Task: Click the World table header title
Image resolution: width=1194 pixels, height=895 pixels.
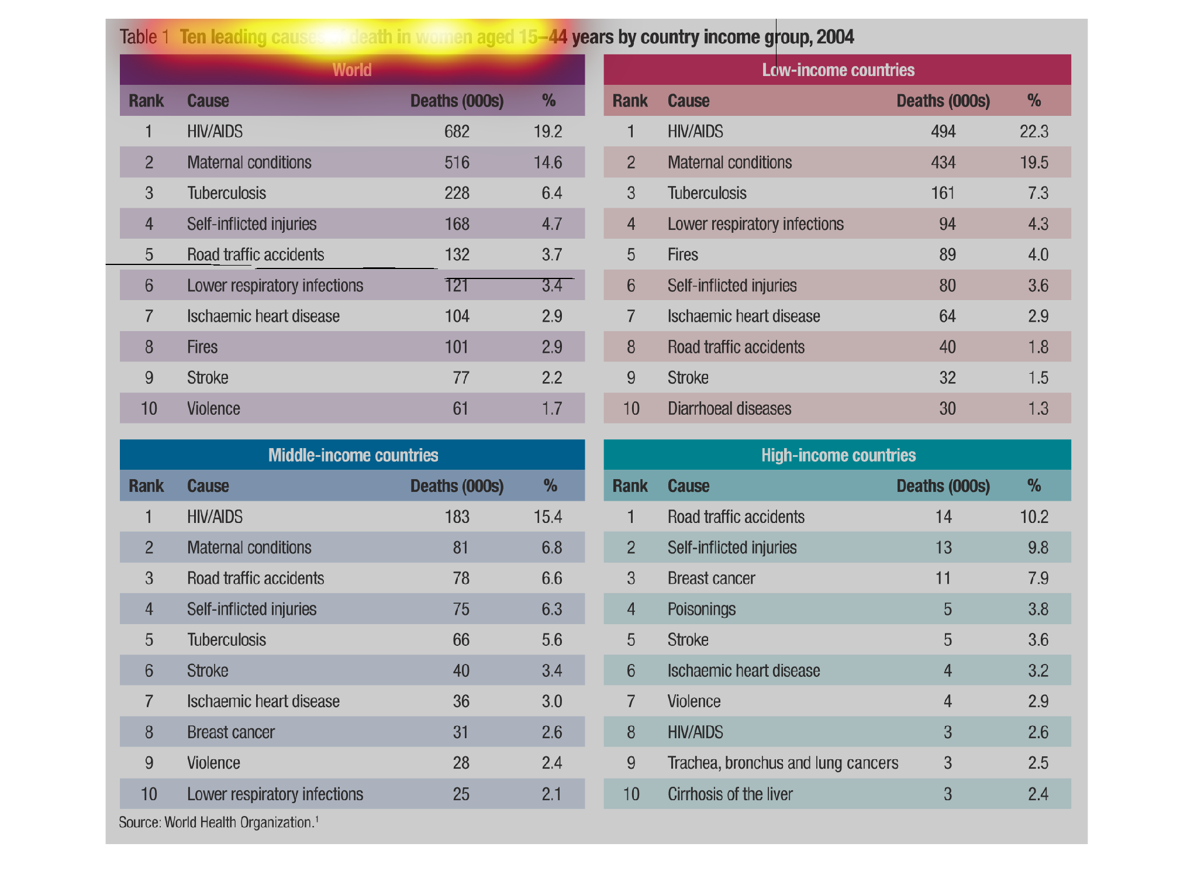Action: pyautogui.click(x=352, y=70)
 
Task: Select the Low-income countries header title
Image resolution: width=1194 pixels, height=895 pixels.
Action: pyautogui.click(x=838, y=70)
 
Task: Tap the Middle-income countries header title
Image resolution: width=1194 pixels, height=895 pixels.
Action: pyautogui.click(x=353, y=455)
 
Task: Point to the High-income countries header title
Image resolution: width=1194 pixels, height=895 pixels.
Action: pyautogui.click(x=838, y=455)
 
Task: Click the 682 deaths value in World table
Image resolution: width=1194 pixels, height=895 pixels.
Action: pyautogui.click(x=457, y=132)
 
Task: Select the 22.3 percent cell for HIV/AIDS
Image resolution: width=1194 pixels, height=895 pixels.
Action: pyautogui.click(x=1034, y=132)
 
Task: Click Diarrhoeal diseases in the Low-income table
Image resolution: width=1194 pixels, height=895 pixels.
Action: pyautogui.click(x=729, y=408)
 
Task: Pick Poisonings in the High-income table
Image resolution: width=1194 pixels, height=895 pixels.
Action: pyautogui.click(x=701, y=609)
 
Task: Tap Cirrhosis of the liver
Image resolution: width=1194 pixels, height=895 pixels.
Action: pyautogui.click(x=730, y=794)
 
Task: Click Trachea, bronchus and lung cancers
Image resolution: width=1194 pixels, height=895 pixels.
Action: pyautogui.click(x=782, y=763)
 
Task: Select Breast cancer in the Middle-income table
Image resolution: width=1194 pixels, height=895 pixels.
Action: pyautogui.click(x=230, y=732)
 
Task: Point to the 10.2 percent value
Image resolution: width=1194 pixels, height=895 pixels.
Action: pyautogui.click(x=1034, y=517)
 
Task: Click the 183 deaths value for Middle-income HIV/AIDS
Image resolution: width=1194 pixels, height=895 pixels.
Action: pyautogui.click(x=457, y=517)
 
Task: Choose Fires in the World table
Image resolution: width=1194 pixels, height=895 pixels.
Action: pyautogui.click(x=202, y=347)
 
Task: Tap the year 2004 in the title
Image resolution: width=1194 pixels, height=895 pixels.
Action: pyautogui.click(x=835, y=37)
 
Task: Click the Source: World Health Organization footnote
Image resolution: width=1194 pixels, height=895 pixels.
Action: pyautogui.click(x=218, y=822)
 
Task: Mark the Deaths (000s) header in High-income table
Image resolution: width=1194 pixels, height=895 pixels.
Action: pyautogui.click(x=943, y=486)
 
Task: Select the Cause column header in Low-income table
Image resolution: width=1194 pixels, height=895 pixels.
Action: pyautogui.click(x=688, y=101)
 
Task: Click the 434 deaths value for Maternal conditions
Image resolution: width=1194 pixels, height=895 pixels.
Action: pyautogui.click(x=943, y=162)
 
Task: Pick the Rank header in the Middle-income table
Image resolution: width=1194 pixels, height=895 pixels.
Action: pyautogui.click(x=146, y=486)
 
